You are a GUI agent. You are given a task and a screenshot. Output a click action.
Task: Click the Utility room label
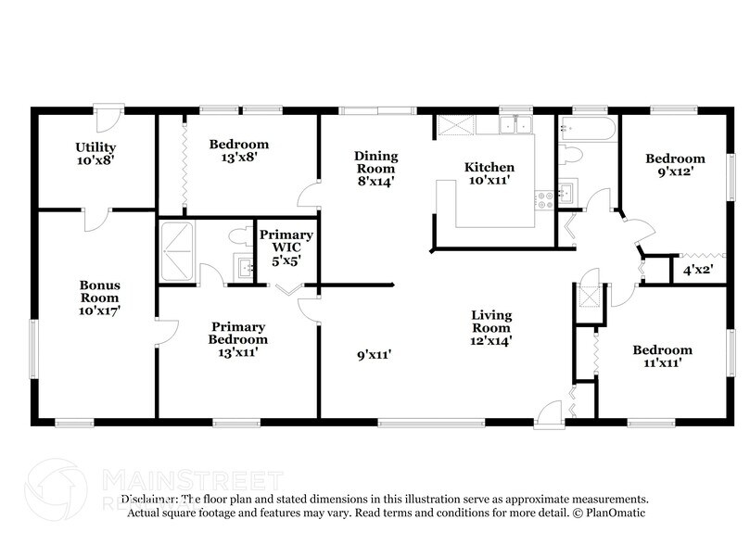95,154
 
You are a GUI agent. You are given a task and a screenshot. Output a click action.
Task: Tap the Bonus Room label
99,298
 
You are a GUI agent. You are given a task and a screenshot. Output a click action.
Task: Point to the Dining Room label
375,169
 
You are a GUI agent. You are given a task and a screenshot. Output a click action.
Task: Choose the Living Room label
491,328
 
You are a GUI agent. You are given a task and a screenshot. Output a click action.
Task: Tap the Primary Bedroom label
238,339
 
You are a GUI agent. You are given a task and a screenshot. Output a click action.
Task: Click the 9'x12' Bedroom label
675,165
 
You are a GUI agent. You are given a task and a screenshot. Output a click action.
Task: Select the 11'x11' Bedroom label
662,356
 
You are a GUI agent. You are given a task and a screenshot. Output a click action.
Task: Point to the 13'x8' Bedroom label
238,150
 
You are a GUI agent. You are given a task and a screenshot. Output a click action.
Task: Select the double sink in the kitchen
515,125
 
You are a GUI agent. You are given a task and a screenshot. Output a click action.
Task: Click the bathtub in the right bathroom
588,128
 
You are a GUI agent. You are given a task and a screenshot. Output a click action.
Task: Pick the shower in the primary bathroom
176,250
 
